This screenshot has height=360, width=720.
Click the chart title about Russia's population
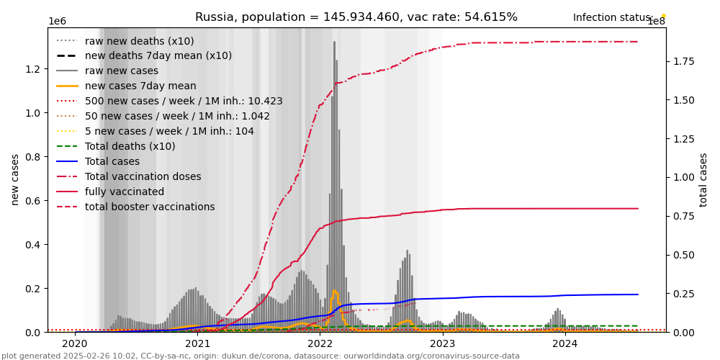[x=356, y=17]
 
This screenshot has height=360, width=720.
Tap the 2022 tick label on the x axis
[x=320, y=343]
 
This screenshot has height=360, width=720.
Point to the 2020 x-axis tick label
[x=75, y=343]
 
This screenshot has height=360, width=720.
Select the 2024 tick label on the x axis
[x=564, y=343]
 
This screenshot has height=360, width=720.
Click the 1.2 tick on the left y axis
[x=33, y=69]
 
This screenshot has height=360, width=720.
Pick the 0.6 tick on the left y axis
[x=33, y=201]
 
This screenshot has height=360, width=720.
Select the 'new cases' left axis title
[x=15, y=179]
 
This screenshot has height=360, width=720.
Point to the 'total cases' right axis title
[x=703, y=179]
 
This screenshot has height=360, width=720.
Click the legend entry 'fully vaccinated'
[x=125, y=192]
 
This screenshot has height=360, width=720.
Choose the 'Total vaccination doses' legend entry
[x=143, y=177]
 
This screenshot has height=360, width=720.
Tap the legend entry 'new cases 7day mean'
[x=140, y=86]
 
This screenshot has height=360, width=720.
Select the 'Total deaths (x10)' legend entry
[x=130, y=147]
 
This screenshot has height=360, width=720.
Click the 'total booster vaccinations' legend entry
[x=150, y=207]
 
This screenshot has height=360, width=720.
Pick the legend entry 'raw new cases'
[x=122, y=71]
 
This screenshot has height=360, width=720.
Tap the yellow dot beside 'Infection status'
[x=663, y=15]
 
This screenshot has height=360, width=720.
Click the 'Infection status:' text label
[x=613, y=18]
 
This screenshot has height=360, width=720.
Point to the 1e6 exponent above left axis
[x=57, y=22]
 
